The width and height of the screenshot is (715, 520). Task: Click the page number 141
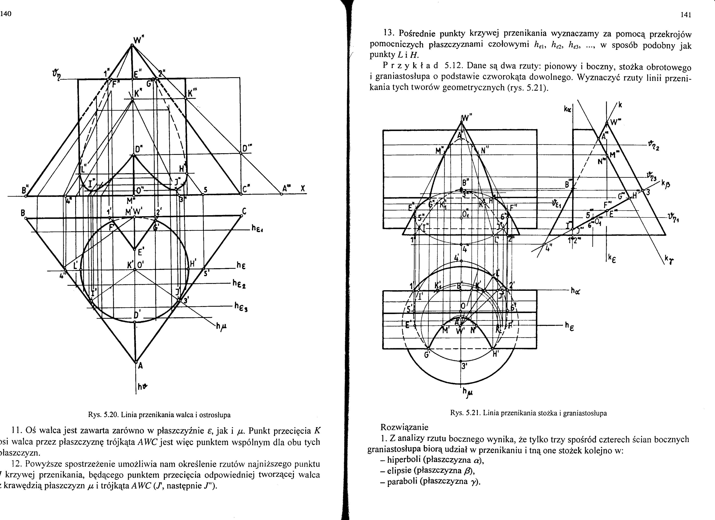pyautogui.click(x=686, y=15)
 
